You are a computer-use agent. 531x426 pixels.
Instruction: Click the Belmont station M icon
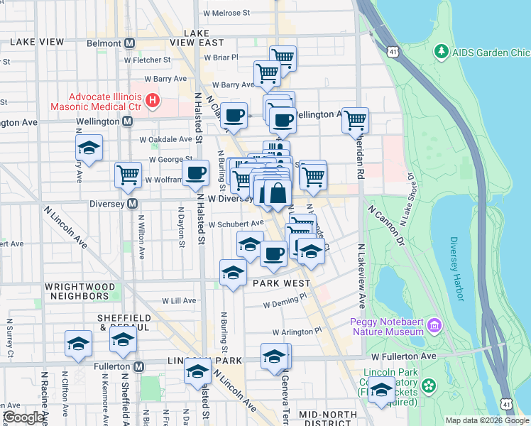129,43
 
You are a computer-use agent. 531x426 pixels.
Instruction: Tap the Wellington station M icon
127,121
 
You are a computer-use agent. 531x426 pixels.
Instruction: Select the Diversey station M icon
132,204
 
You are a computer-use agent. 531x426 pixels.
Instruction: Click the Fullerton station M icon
138,366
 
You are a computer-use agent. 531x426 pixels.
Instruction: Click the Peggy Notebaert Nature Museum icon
434,327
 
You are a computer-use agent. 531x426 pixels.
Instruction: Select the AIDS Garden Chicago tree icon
442,52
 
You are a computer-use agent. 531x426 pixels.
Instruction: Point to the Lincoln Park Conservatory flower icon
428,386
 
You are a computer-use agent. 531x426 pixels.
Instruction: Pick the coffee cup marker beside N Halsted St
195,172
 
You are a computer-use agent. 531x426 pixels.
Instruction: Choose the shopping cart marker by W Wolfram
128,174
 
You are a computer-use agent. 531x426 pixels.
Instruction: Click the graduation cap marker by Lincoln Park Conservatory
382,389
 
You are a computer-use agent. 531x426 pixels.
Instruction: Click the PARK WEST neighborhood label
278,283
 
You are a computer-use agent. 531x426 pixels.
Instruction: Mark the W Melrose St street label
226,13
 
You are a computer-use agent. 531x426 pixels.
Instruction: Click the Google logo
23,418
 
